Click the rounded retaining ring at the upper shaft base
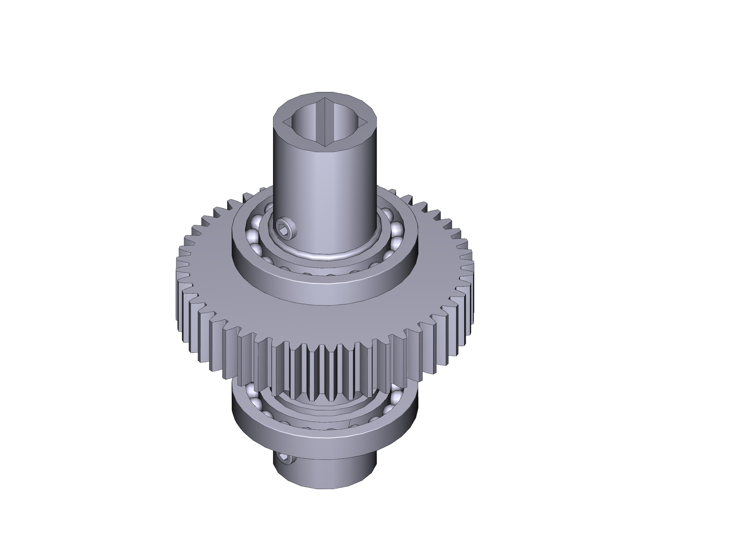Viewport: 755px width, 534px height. coord(329,256)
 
